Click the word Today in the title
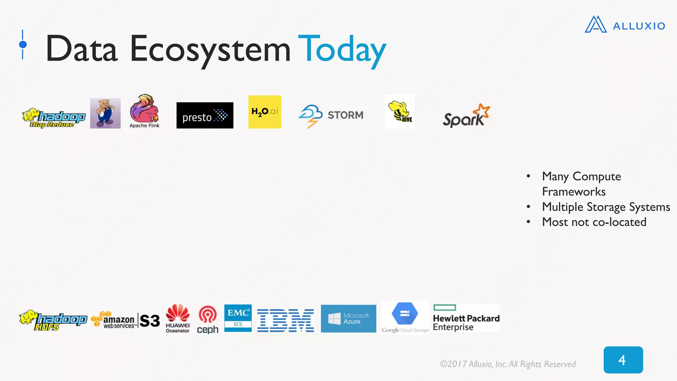[342, 50]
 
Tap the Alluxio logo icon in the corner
[595, 25]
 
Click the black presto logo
[205, 115]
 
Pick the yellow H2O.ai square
[265, 112]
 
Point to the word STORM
[345, 115]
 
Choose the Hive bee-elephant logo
[400, 112]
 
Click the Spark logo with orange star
[466, 116]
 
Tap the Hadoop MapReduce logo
[54, 118]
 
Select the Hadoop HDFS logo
[53, 320]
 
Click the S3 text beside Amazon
[150, 321]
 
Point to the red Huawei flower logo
[178, 313]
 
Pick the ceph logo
[208, 319]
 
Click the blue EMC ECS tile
[238, 318]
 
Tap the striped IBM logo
[286, 320]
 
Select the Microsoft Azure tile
[348, 318]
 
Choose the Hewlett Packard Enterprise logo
[466, 318]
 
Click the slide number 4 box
[623, 360]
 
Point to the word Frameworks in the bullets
[574, 192]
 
